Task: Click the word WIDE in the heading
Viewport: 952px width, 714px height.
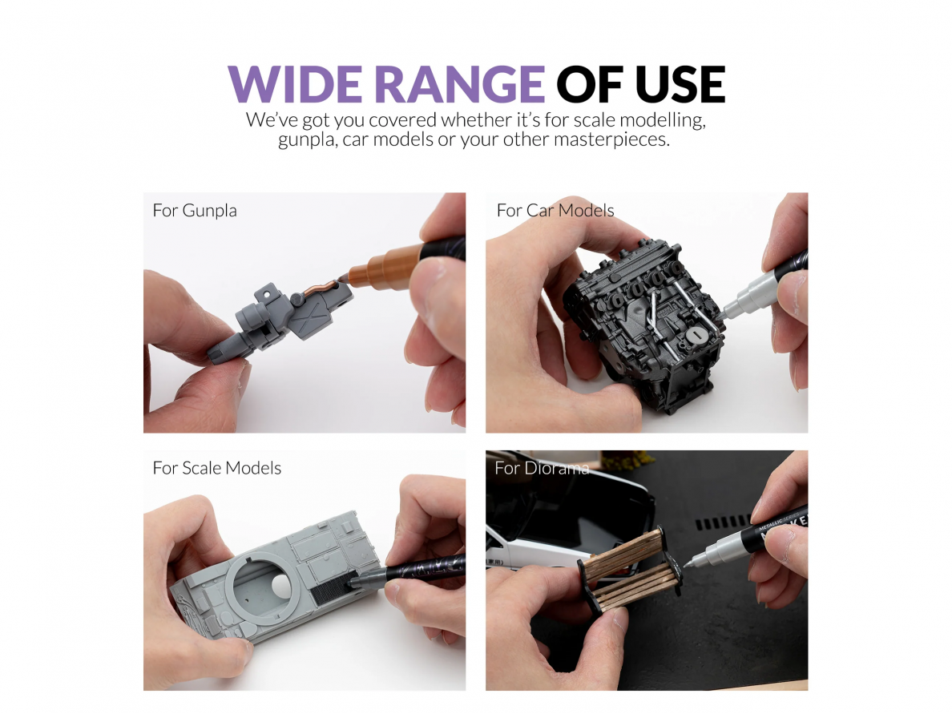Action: [296, 84]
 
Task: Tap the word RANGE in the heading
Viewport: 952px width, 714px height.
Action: [460, 84]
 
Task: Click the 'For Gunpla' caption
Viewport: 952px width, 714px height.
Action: [195, 211]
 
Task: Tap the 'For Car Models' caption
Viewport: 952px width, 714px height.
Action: [555, 211]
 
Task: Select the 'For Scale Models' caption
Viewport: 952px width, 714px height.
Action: [216, 468]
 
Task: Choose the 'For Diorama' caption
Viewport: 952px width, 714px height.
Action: [542, 468]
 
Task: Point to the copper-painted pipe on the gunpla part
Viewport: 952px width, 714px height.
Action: [319, 288]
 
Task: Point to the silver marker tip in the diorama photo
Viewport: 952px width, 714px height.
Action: [690, 563]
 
